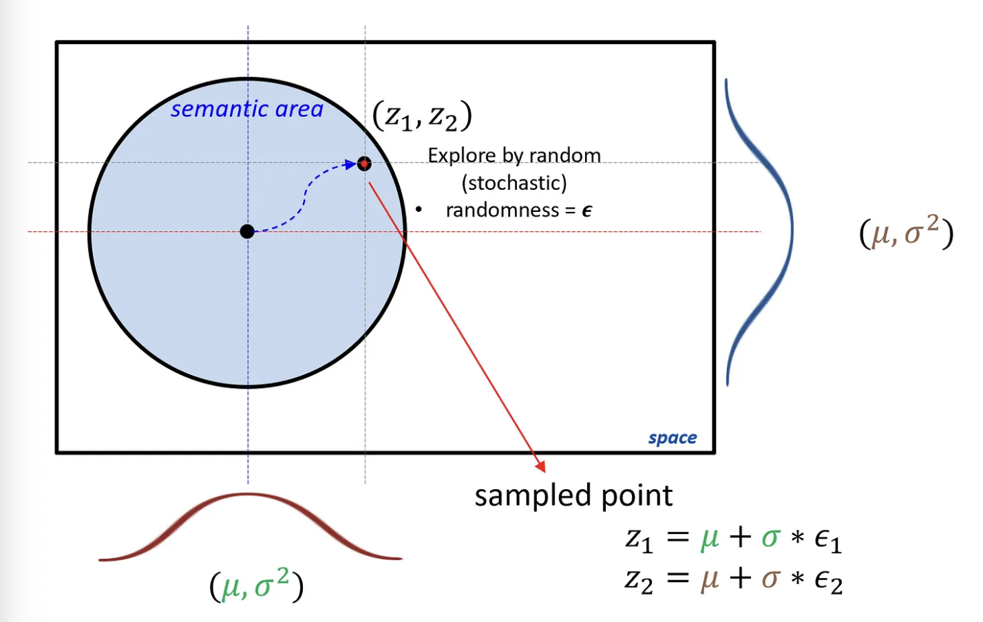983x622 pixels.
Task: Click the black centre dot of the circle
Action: pos(247,231)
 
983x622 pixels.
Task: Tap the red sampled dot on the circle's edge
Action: pos(364,163)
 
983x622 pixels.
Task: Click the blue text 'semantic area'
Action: pos(246,109)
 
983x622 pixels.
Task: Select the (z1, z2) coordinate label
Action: pos(422,116)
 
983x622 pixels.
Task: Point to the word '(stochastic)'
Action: pos(514,183)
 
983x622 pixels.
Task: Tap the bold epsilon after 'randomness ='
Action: pos(586,211)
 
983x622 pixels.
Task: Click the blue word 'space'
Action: pos(672,438)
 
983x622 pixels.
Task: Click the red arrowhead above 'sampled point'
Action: pos(541,466)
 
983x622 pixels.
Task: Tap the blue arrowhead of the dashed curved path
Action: pos(350,164)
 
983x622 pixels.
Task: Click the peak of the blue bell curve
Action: pos(791,230)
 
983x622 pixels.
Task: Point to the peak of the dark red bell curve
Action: pos(248,495)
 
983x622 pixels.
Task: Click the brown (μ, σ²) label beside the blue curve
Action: pos(906,232)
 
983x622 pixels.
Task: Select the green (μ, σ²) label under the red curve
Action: pos(256,586)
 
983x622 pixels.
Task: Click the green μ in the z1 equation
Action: pos(710,538)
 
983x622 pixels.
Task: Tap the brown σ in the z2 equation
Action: pos(770,579)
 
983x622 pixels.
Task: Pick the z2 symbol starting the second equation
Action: pos(639,580)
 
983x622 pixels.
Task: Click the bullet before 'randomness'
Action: pos(419,209)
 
